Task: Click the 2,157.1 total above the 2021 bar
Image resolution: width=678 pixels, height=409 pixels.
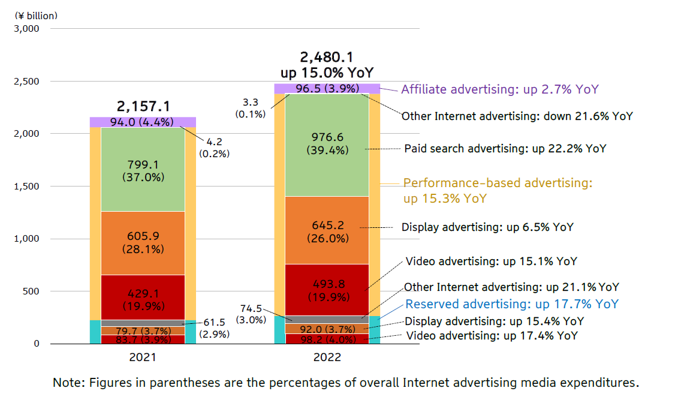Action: click(x=143, y=107)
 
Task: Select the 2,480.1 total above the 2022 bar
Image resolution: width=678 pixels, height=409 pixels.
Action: click(x=327, y=58)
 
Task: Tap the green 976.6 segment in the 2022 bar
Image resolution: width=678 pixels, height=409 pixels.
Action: click(x=327, y=144)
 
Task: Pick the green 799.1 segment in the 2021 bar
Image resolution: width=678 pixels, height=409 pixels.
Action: click(x=143, y=170)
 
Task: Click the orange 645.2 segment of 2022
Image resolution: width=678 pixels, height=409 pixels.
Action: click(x=327, y=231)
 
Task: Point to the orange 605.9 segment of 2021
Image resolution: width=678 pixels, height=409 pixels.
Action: click(x=143, y=242)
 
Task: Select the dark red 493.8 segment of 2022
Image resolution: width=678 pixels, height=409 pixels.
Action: click(x=327, y=290)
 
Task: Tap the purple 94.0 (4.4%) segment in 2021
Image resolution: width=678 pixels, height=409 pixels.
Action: click(x=143, y=122)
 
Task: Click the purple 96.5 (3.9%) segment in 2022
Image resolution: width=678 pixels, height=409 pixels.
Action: click(x=327, y=89)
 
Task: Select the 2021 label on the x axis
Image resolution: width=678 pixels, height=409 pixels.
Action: click(x=143, y=357)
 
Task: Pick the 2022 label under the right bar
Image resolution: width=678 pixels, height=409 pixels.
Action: click(x=327, y=357)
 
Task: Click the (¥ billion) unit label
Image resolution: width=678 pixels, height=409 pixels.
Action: click(x=37, y=15)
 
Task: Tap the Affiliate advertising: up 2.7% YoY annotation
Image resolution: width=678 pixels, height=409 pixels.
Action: click(x=499, y=89)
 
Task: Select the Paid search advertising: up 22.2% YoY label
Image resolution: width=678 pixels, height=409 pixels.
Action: click(x=505, y=148)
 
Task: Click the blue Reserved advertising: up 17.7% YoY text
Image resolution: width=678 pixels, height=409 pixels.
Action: click(x=512, y=304)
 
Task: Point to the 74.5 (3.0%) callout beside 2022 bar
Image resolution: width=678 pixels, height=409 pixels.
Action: click(x=251, y=314)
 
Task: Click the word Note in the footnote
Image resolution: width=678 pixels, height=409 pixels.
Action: click(x=65, y=383)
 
